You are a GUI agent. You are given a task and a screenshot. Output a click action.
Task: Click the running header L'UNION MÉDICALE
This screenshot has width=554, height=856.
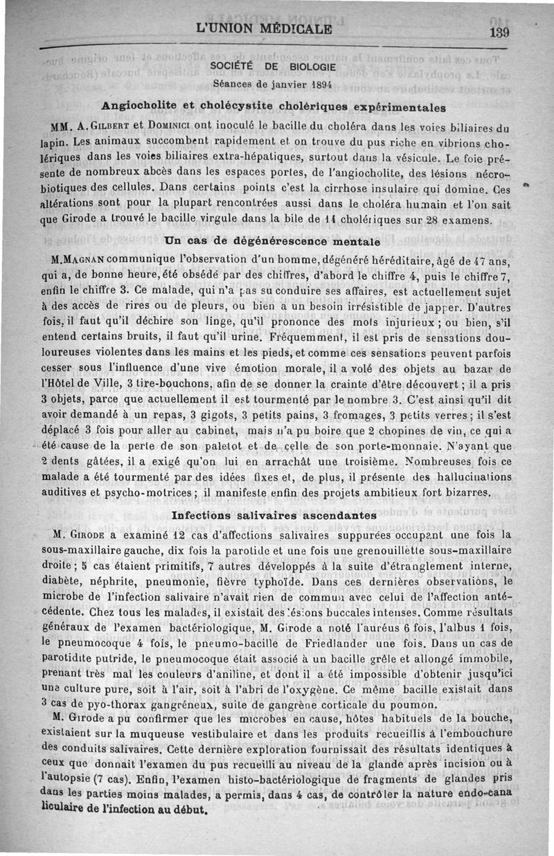click(x=264, y=29)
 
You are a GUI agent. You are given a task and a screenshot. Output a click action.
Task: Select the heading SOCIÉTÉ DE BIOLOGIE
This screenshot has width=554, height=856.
click(x=273, y=66)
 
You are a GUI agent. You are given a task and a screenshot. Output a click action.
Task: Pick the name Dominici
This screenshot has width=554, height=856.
click(x=173, y=127)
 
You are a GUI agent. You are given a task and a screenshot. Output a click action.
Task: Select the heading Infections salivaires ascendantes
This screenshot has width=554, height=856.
click(x=274, y=515)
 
